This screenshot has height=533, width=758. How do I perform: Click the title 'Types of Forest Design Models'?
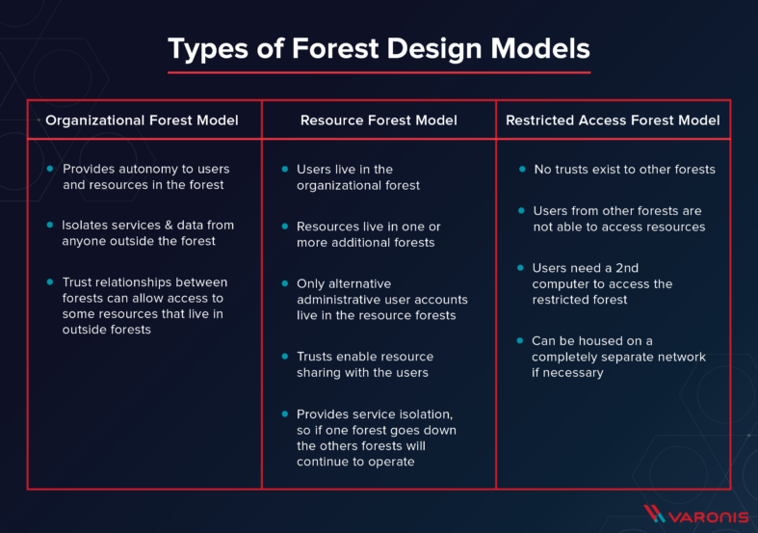point(379,48)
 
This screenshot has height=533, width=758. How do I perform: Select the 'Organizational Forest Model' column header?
point(142,120)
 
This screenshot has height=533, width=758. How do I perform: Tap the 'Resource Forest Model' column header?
point(379,120)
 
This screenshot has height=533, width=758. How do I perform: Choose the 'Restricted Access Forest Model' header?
point(613,120)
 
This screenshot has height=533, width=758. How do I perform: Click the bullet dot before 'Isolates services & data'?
point(50,225)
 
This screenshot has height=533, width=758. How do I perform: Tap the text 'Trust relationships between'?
point(144,281)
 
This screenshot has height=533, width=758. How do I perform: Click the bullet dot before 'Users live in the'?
point(285,169)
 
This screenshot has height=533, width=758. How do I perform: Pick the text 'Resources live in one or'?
point(368,227)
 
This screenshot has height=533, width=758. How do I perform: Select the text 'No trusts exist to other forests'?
point(624,169)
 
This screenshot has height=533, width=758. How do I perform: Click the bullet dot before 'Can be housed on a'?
point(520,341)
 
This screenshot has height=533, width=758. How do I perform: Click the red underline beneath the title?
point(379,71)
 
